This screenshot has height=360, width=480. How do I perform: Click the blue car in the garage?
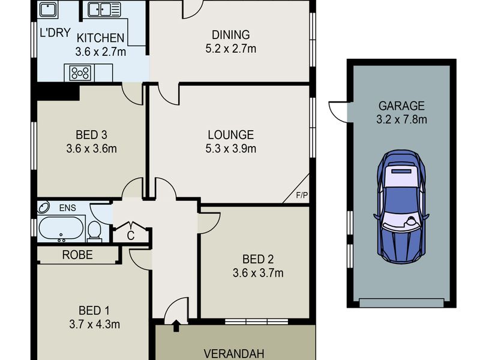(401, 207)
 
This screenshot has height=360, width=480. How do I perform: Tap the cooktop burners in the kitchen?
(80, 73)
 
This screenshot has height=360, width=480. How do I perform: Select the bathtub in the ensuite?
(61, 228)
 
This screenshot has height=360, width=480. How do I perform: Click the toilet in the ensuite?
(95, 231)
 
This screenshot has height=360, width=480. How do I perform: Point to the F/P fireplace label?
(302, 195)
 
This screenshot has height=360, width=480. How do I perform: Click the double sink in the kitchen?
(104, 10)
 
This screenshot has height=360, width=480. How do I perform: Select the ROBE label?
(77, 254)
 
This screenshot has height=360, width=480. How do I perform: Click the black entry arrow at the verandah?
(176, 326)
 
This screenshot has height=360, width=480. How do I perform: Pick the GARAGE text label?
(401, 106)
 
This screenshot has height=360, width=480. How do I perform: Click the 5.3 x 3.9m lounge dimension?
(231, 149)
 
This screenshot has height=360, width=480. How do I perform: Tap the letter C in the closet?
(131, 236)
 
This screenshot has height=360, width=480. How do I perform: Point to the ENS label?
(67, 208)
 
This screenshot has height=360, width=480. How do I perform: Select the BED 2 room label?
(258, 259)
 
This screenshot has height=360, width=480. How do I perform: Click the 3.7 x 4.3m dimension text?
(94, 324)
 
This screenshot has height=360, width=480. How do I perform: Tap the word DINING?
(231, 35)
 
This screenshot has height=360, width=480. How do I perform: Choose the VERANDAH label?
(233, 354)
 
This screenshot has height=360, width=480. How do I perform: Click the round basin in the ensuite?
(43, 207)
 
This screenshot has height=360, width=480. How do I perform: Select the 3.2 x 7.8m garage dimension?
(401, 119)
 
